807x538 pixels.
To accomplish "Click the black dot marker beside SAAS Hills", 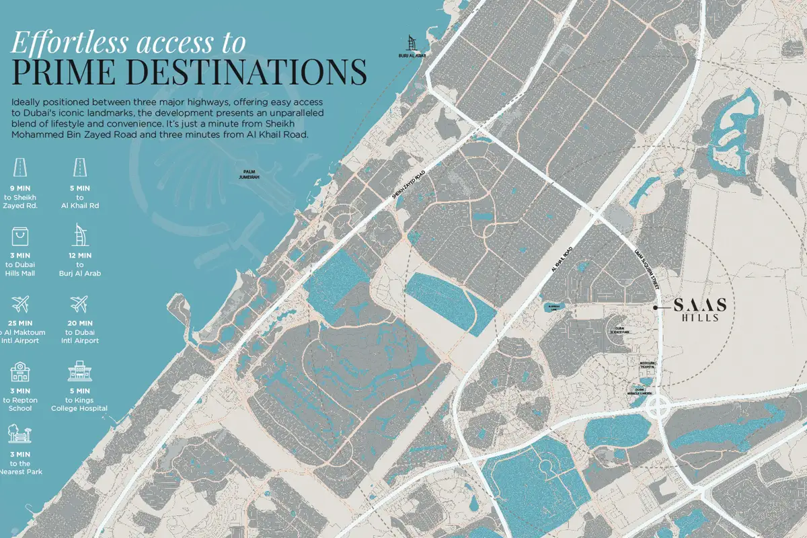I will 657,307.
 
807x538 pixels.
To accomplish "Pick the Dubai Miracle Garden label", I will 644,391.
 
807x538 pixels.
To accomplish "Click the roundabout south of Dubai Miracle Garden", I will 658,408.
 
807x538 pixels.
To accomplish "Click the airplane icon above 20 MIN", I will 79,305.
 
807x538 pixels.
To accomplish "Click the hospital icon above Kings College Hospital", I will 79,371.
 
